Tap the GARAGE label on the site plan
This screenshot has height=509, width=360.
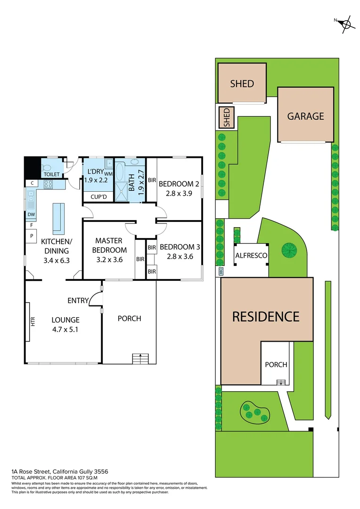pyautogui.click(x=306, y=116)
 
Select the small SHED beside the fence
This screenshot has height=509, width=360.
pyautogui.click(x=226, y=118)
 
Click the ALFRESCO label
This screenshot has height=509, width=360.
pyautogui.click(x=251, y=255)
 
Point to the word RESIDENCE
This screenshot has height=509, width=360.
pyautogui.click(x=266, y=316)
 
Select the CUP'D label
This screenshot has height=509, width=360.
pyautogui.click(x=98, y=197)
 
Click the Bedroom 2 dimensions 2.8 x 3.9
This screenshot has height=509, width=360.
pyautogui.click(x=176, y=193)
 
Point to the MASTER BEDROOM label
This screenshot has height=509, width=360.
pyautogui.click(x=109, y=245)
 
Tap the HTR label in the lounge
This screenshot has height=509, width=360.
pyautogui.click(x=33, y=321)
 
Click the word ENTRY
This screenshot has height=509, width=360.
pyautogui.click(x=78, y=300)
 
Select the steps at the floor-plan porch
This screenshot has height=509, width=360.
pyautogui.click(x=140, y=359)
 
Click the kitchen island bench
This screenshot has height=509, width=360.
pyautogui.click(x=58, y=218)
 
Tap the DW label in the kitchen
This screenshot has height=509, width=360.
pyautogui.click(x=32, y=214)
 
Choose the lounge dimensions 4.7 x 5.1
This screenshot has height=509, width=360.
pyautogui.click(x=65, y=329)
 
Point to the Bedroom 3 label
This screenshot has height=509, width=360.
pyautogui.click(x=177, y=247)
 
